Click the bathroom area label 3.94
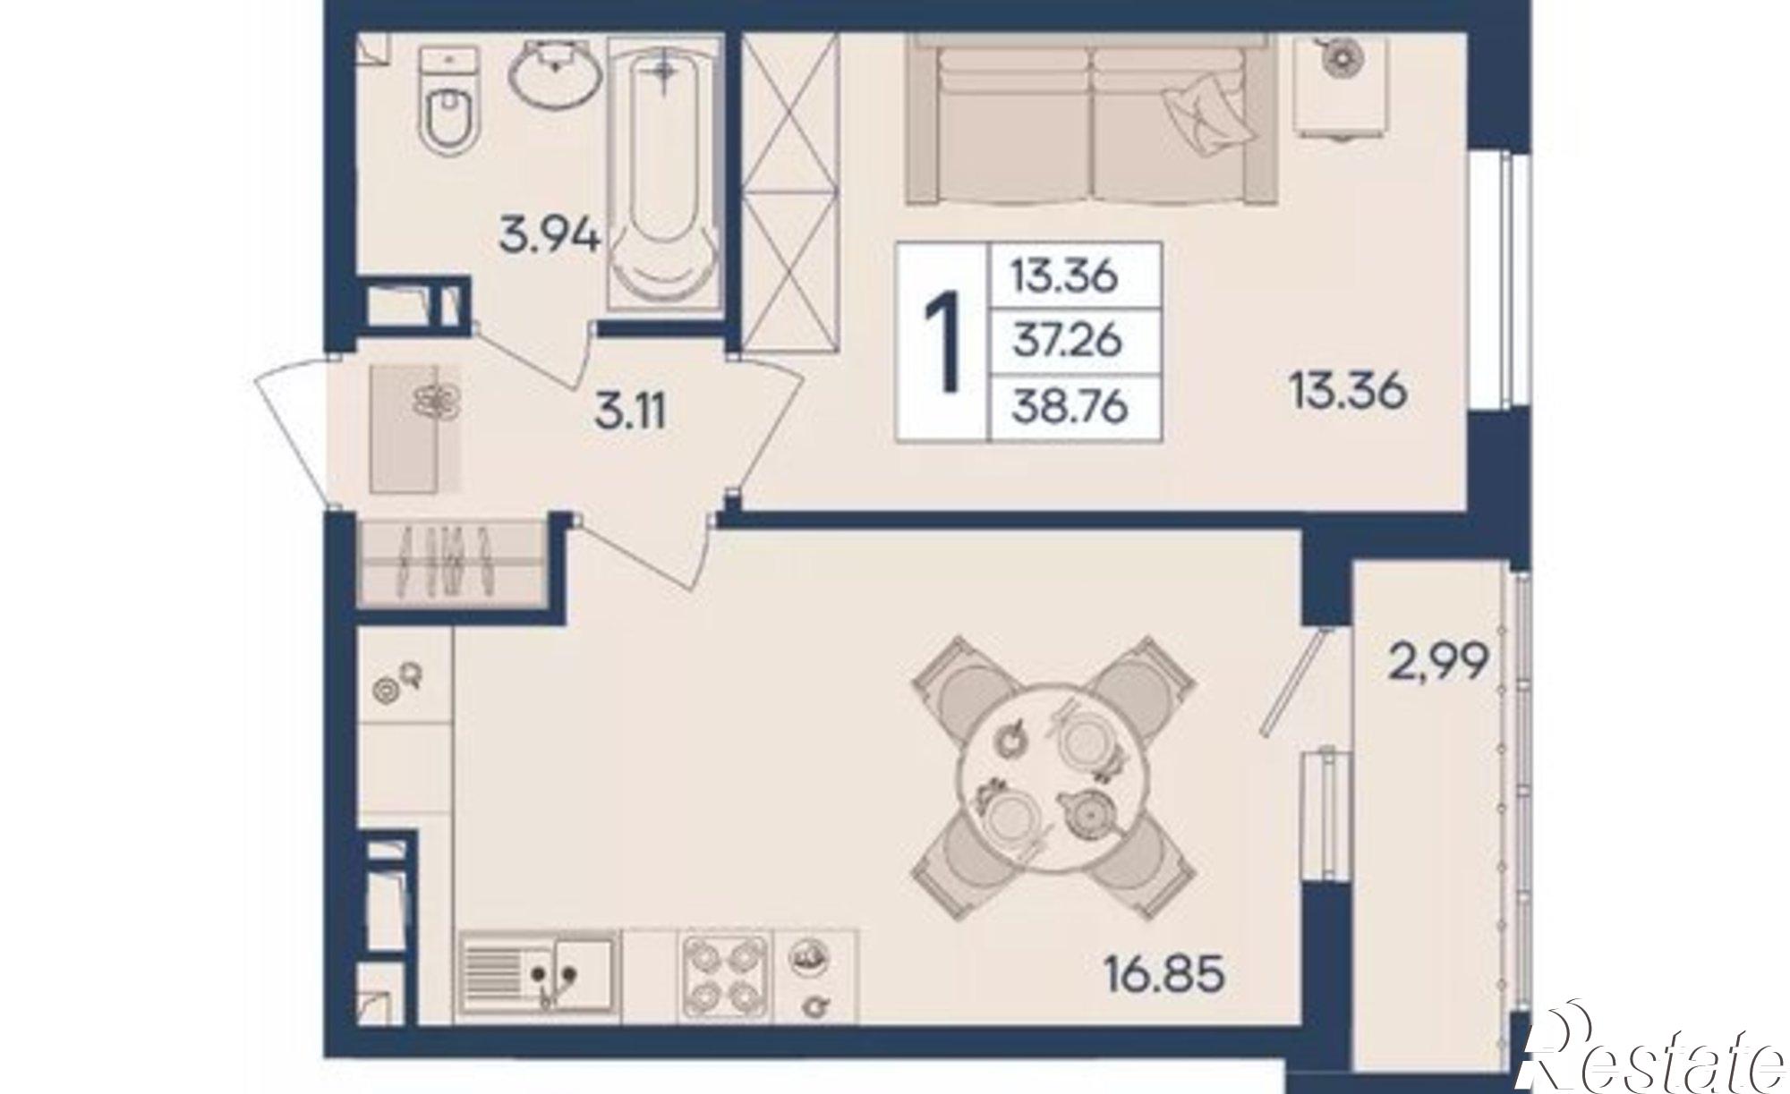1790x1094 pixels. pyautogui.click(x=550, y=238)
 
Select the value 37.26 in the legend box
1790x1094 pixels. pyautogui.click(x=1067, y=341)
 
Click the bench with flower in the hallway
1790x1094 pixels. pyautogui.click(x=416, y=428)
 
